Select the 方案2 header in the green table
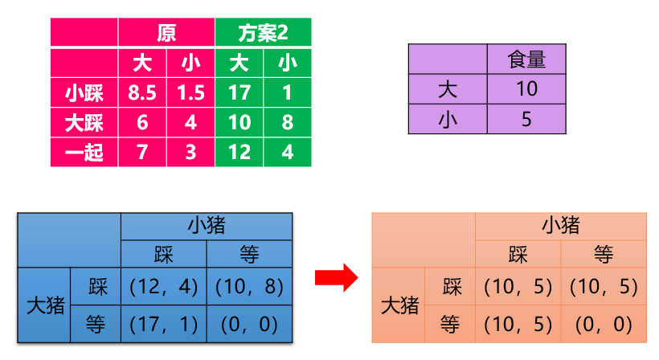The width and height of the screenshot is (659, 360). pos(263,33)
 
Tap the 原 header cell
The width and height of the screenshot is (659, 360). pos(166,33)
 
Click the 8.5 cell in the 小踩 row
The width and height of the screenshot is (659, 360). pos(142,93)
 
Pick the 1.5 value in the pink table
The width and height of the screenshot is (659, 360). pos(190,93)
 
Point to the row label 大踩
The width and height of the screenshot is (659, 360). pos(84,123)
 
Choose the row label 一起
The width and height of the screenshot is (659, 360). pos(84,152)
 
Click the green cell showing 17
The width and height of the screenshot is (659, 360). pos(239,93)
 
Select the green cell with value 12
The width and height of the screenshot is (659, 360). pos(239,152)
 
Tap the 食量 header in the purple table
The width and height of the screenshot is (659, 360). pos(526,59)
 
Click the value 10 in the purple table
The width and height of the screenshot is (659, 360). pos(526,89)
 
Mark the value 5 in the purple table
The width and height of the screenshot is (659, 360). pos(526,120)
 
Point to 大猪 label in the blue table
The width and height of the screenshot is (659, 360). pos(46,305)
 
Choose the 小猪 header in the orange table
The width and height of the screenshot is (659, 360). pos(561,225)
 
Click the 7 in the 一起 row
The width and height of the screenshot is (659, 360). pos(142,152)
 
